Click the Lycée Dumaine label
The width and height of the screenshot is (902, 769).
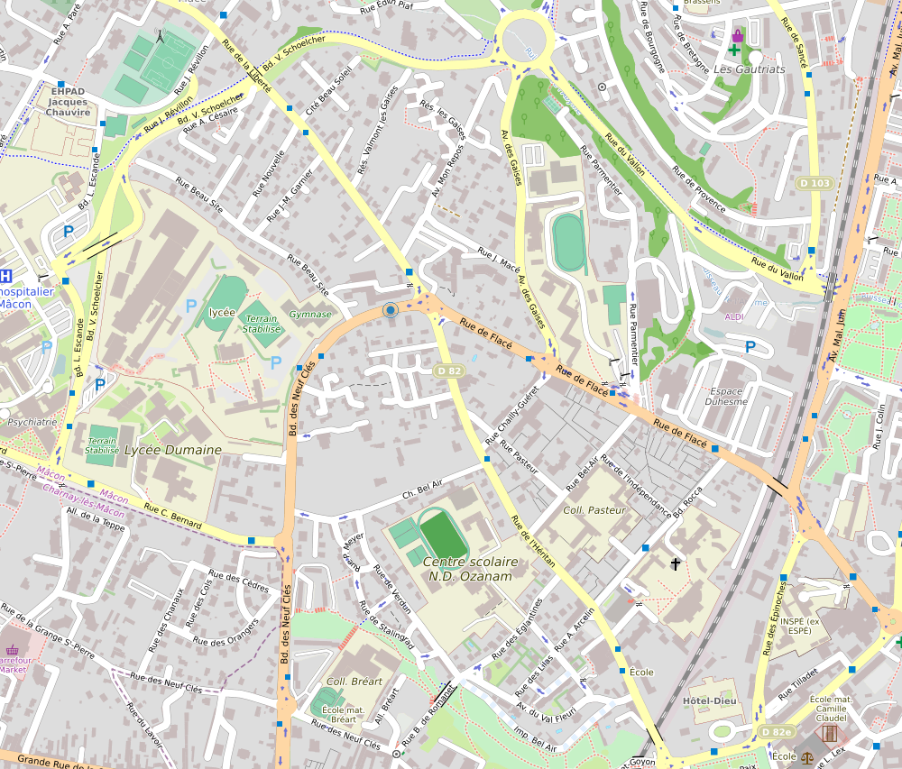(172, 449)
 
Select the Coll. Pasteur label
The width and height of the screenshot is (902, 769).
(594, 510)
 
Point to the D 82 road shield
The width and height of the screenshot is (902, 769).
(448, 371)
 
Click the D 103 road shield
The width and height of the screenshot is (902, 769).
(814, 183)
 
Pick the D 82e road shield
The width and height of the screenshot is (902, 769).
(775, 731)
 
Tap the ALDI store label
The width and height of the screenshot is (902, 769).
(735, 316)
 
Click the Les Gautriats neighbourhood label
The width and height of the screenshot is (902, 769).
(749, 69)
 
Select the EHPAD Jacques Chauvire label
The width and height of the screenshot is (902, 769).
(69, 101)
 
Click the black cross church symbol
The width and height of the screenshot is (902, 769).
(676, 563)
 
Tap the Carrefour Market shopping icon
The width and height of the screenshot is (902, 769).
(13, 650)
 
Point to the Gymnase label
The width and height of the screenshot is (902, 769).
(310, 315)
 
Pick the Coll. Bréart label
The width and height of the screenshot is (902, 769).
(354, 682)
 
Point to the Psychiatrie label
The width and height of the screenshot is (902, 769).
(32, 421)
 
